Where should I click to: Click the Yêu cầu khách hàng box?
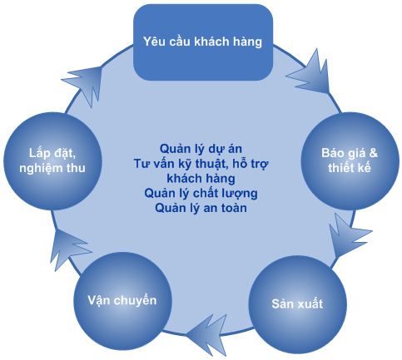[203, 42]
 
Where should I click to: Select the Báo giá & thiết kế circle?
[350, 161]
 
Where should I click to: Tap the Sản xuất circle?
[297, 304]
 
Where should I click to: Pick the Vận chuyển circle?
[122, 301]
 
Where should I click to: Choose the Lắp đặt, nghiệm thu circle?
[52, 161]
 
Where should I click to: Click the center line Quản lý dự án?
[201, 149]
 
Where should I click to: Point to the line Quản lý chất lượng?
[201, 193]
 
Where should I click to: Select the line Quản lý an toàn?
[201, 208]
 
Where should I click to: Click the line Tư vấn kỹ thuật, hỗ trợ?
[201, 164]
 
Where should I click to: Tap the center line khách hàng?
[201, 179]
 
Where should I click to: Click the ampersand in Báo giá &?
[373, 153]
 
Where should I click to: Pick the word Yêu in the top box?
[153, 42]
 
